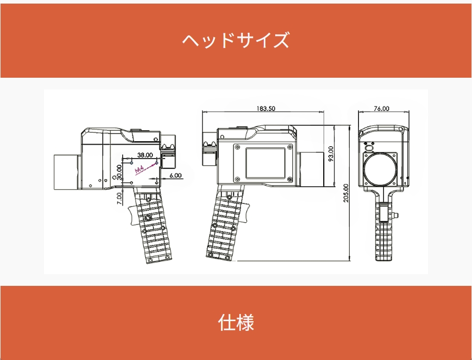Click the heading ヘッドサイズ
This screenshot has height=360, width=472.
click(x=236, y=40)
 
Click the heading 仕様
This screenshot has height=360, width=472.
click(x=236, y=322)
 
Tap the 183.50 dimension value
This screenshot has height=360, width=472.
click(x=266, y=108)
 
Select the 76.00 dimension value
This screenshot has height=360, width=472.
click(x=381, y=108)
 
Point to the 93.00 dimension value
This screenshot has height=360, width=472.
click(x=330, y=154)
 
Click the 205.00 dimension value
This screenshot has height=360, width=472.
click(x=346, y=193)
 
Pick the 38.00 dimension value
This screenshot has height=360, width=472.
click(x=145, y=155)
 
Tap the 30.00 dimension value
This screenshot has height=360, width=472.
click(x=119, y=172)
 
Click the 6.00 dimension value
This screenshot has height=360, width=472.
click(x=175, y=175)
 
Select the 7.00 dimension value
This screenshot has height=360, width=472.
click(x=120, y=198)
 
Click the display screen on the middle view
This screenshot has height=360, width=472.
click(x=265, y=163)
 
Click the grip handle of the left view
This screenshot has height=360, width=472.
click(x=152, y=226)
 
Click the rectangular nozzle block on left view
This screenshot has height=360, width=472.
click(x=67, y=172)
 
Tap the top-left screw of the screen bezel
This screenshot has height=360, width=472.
click(x=237, y=147)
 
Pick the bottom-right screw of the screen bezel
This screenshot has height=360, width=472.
click(x=290, y=179)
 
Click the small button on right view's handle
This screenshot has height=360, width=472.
click(x=396, y=215)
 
